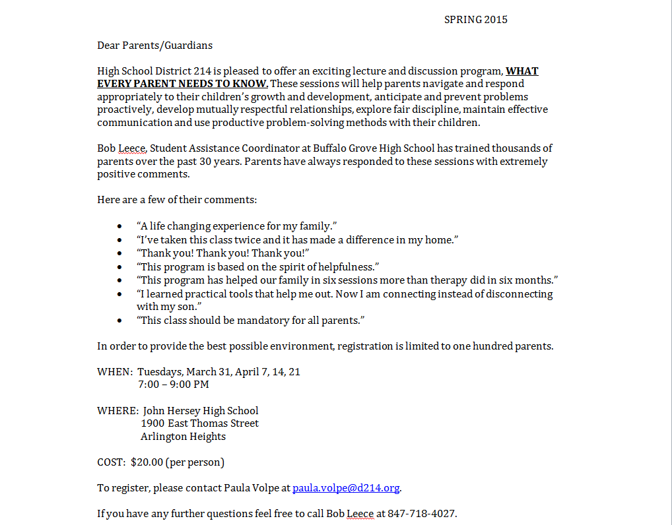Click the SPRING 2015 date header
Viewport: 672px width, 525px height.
(475, 20)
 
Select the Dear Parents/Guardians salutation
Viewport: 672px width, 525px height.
(154, 46)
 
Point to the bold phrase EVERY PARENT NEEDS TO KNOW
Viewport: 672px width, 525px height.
(182, 84)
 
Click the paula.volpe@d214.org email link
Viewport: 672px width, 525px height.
(346, 488)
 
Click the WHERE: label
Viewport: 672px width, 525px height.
(118, 410)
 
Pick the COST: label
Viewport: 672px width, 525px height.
(111, 462)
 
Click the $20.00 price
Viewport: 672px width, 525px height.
(147, 462)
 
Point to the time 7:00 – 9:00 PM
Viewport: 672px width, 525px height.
(174, 384)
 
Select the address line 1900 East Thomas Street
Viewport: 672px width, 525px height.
(199, 423)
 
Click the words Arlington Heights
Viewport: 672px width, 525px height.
(183, 437)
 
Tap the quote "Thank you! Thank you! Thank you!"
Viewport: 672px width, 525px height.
(223, 254)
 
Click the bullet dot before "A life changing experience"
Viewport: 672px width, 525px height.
(119, 227)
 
